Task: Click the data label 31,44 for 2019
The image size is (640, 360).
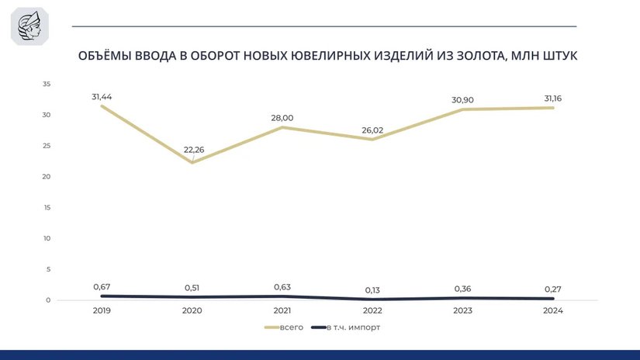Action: point(102,96)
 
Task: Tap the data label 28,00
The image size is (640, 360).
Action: point(282,118)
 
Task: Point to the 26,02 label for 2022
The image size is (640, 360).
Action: point(372,130)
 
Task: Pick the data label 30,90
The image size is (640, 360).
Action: point(463,100)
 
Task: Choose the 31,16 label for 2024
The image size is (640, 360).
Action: point(553,99)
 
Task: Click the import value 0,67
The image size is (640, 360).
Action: point(102,287)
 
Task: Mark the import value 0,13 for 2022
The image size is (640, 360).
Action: point(372,290)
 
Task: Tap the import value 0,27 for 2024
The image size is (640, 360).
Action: point(553,289)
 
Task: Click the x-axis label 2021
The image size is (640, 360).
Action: point(282,311)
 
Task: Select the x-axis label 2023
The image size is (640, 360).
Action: point(463,311)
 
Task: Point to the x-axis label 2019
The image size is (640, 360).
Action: point(102,311)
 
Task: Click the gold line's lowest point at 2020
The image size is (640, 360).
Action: point(192,163)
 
